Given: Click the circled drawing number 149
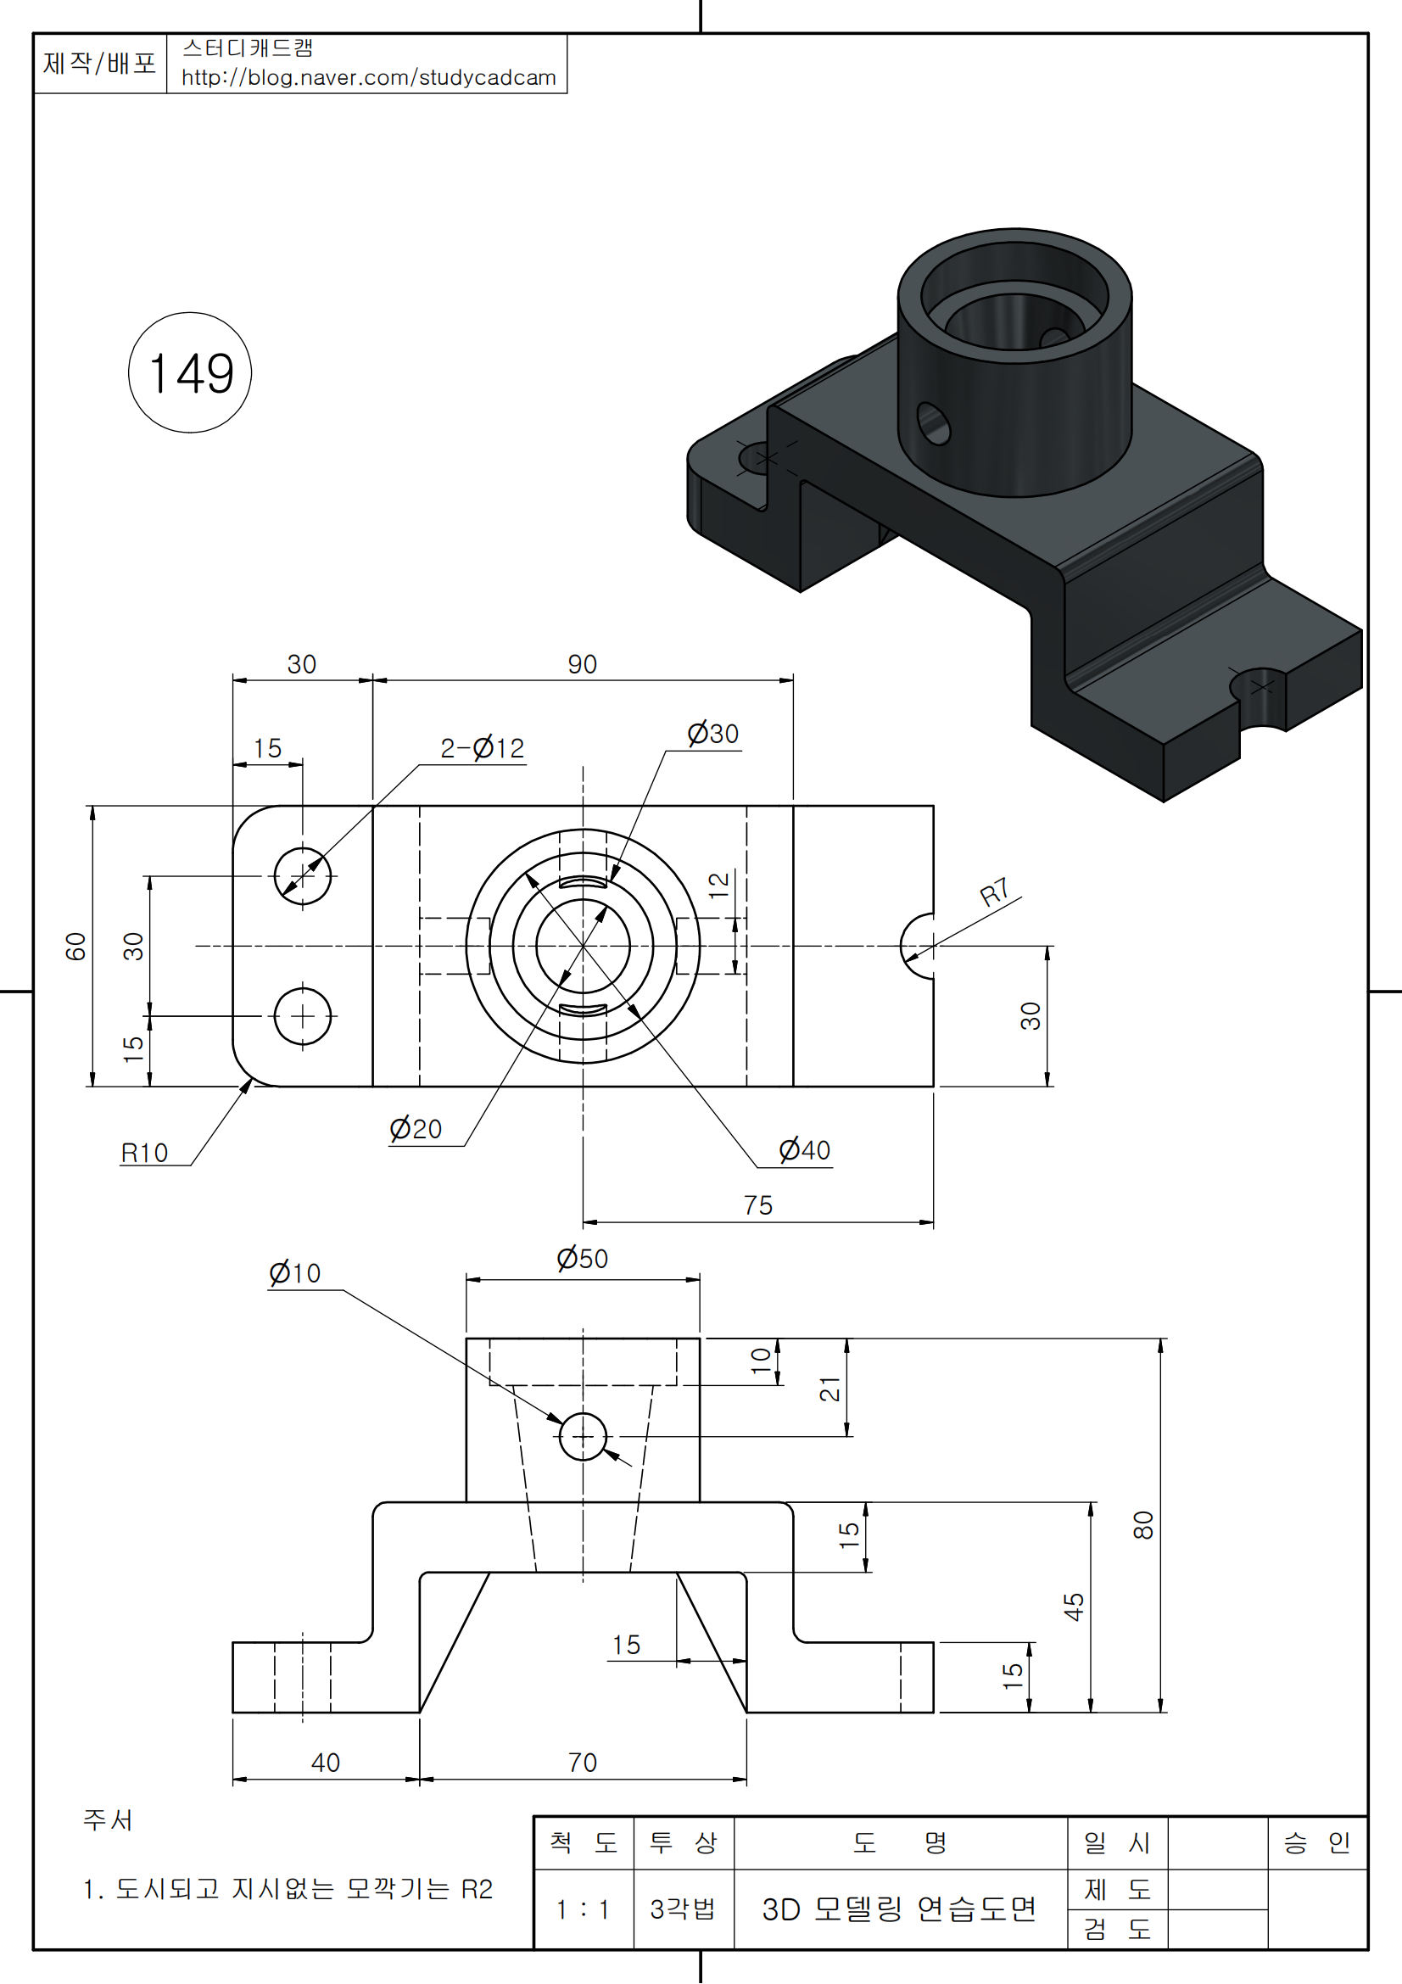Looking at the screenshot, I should pyautogui.click(x=190, y=373).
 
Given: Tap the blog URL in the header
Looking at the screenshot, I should pyautogui.click(x=368, y=78).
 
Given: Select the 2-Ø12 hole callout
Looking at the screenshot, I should pyautogui.click(x=482, y=748).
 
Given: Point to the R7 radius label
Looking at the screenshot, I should pyautogui.click(x=994, y=891).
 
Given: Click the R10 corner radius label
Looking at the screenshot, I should pyautogui.click(x=144, y=1153).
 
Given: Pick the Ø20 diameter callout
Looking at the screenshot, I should pyautogui.click(x=416, y=1128).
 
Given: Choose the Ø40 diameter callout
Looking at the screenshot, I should pyautogui.click(x=804, y=1150).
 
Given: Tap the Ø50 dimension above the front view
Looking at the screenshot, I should pyautogui.click(x=582, y=1258).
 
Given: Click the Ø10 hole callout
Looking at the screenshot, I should pyautogui.click(x=294, y=1273).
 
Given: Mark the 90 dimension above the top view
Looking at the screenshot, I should pyautogui.click(x=582, y=664).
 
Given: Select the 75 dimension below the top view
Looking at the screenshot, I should pyautogui.click(x=757, y=1205).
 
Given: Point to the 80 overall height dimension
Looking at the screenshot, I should pyautogui.click(x=1142, y=1525).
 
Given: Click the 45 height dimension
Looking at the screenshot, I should pyautogui.click(x=1073, y=1607).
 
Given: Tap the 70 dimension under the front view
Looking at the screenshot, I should pyautogui.click(x=582, y=1763).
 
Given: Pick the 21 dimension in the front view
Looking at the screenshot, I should pyautogui.click(x=829, y=1389).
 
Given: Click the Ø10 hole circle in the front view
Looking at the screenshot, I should pyautogui.click(x=583, y=1437).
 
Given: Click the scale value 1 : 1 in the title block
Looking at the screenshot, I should pyautogui.click(x=583, y=1909).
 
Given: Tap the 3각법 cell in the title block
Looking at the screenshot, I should pyautogui.click(x=684, y=1909).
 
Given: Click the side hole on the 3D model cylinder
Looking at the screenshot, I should pyautogui.click(x=933, y=423).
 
